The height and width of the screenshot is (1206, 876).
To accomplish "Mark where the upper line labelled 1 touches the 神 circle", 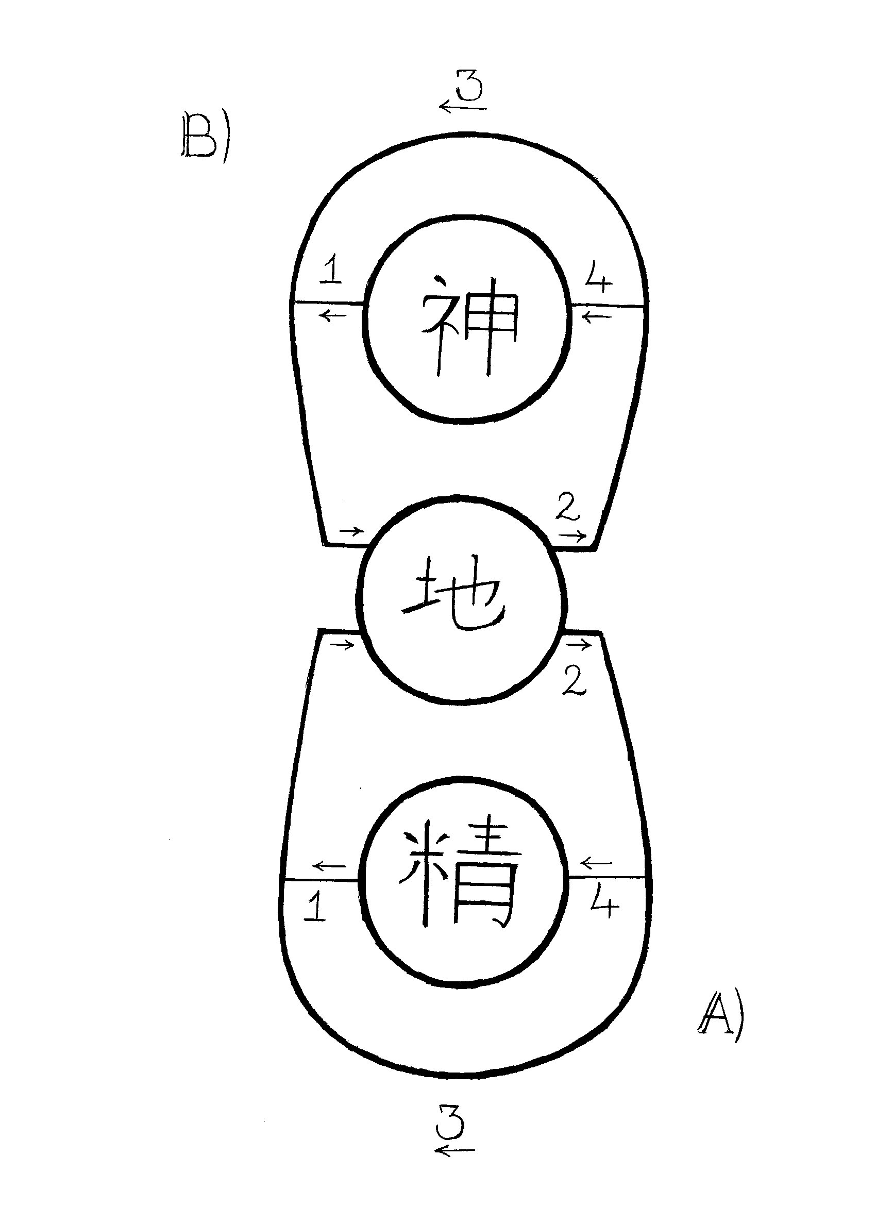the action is [364, 304].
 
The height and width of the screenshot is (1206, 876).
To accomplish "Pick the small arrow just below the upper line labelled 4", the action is [596, 317].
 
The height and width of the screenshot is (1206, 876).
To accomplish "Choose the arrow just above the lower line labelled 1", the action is [329, 866].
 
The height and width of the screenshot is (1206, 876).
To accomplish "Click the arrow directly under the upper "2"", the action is [572, 535].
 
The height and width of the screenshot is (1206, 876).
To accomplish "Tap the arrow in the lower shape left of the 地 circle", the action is [342, 645].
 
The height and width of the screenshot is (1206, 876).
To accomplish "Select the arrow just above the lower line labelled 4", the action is [597, 862].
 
